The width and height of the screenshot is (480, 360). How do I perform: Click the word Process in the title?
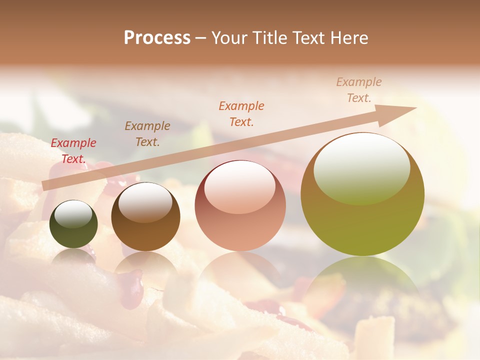tap(157, 38)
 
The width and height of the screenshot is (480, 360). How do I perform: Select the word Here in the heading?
tap(348, 38)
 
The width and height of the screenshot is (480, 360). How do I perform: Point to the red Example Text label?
tap(73, 151)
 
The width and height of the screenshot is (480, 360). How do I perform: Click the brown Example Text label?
tap(147, 134)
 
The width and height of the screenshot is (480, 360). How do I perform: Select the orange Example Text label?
tap(241, 113)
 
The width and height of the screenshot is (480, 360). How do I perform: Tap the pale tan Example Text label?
tap(359, 90)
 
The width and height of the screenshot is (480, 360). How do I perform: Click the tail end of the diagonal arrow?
tap(44, 186)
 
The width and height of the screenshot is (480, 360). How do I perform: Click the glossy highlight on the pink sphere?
tap(239, 186)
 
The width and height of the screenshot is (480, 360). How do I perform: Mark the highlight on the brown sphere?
tap(145, 202)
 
